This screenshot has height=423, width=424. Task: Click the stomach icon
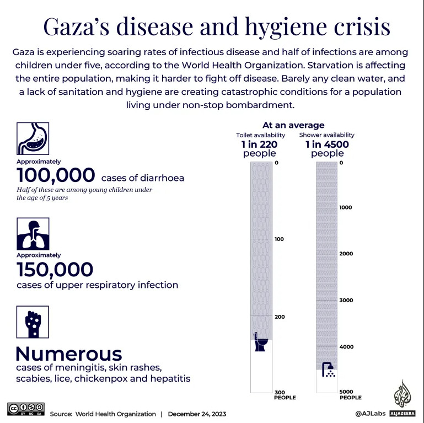tap(33, 138)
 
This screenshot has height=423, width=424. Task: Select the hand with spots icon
tap(33, 322)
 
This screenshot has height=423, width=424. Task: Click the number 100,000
tap(56, 175)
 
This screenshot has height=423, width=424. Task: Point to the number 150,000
tap(55, 270)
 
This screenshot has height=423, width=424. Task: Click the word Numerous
tap(68, 354)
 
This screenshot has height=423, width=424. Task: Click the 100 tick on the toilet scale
tap(279, 239)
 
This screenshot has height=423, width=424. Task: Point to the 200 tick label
tap(279, 317)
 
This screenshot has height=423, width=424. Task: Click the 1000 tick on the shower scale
tap(345, 207)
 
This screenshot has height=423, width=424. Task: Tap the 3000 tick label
tap(345, 301)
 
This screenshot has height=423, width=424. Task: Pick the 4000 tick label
tap(345, 347)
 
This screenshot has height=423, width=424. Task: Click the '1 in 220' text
tap(259, 144)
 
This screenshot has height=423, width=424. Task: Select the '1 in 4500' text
tap(326, 144)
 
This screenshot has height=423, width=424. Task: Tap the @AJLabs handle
tap(369, 413)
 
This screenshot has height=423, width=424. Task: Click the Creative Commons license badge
tap(25, 409)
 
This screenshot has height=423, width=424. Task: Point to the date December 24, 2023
tap(197, 414)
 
